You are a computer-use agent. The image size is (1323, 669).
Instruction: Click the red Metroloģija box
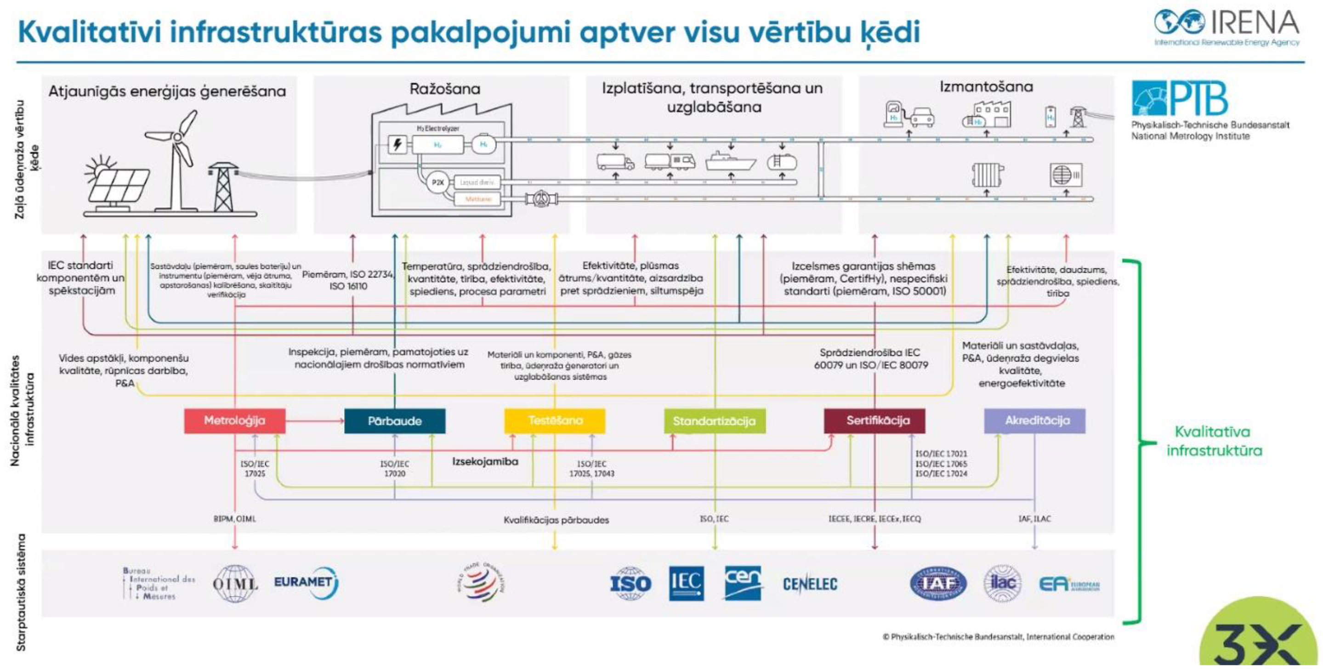click(x=235, y=420)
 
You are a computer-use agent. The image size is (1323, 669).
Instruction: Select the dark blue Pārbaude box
click(x=394, y=421)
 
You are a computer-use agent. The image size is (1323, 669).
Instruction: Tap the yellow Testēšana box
click(x=555, y=420)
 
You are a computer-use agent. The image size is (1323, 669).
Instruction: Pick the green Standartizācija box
click(x=715, y=421)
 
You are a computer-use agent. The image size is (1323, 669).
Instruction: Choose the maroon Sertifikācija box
click(x=874, y=420)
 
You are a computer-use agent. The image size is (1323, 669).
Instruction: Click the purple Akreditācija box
click(x=1034, y=420)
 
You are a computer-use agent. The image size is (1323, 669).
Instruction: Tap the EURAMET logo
click(x=305, y=582)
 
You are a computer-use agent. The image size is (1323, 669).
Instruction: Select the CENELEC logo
click(x=809, y=584)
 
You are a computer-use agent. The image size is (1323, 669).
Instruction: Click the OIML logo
click(x=235, y=583)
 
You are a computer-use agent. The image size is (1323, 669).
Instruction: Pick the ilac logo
click(x=1002, y=583)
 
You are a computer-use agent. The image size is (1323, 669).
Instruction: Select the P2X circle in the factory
click(x=437, y=182)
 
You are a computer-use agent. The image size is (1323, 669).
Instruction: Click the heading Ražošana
click(x=445, y=89)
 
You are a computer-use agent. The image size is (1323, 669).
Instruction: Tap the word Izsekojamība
click(x=485, y=461)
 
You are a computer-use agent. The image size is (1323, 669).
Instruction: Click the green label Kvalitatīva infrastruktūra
click(x=1214, y=441)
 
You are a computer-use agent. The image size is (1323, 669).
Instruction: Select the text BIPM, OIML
click(x=234, y=519)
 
